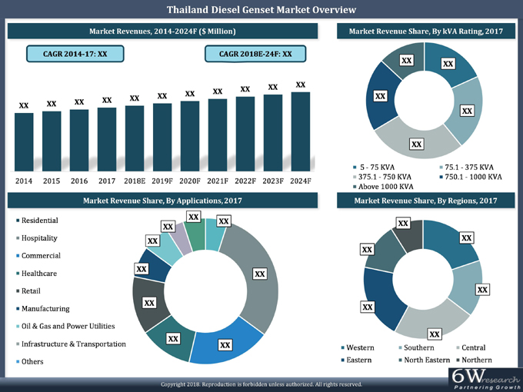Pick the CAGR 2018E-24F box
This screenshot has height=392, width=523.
click(255, 55)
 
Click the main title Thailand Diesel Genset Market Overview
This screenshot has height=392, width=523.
click(261, 10)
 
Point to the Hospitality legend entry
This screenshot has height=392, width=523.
click(40, 238)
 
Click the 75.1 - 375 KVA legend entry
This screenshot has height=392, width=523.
click(468, 167)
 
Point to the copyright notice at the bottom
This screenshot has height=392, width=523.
click(261, 384)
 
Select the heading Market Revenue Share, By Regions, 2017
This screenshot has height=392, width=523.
click(425, 201)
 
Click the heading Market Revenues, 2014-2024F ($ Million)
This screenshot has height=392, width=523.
click(162, 31)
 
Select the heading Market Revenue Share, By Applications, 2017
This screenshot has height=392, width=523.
click(162, 201)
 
